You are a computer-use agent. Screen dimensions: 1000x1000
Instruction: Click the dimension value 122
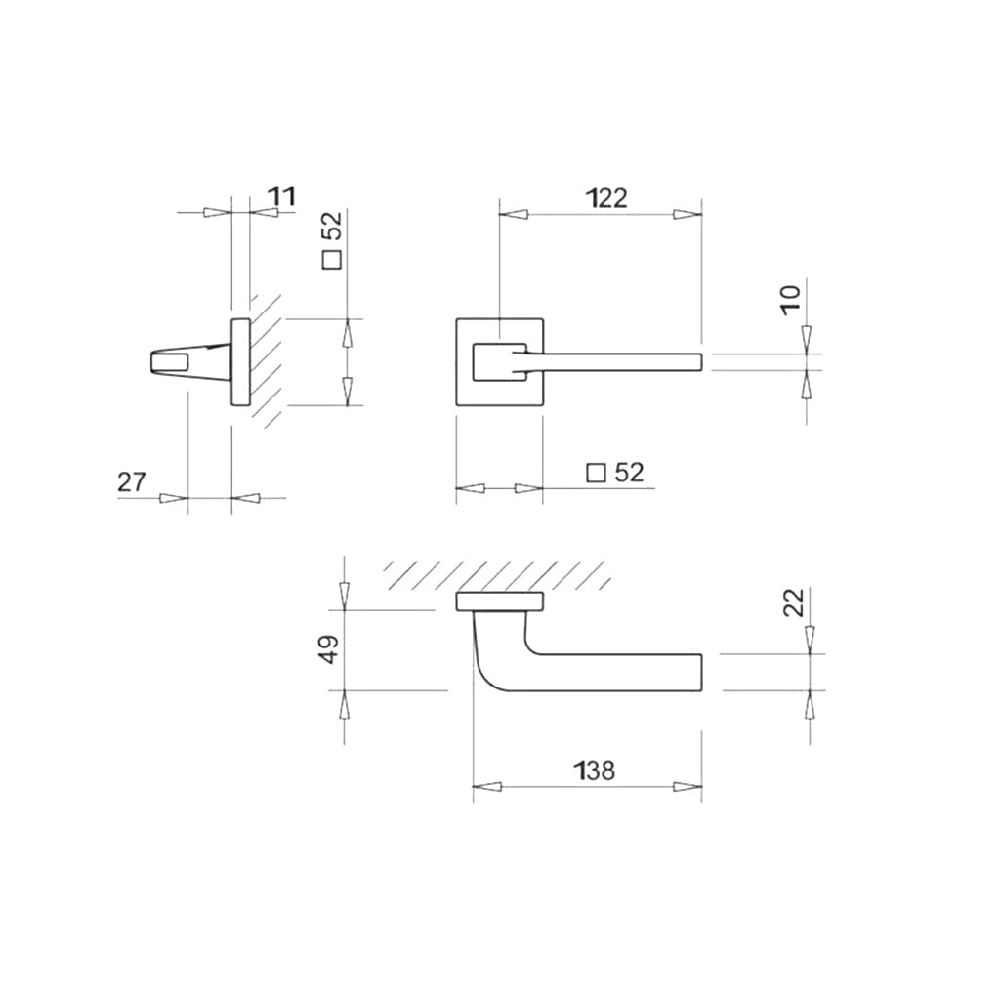point(606,198)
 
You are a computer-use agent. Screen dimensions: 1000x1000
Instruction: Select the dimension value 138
point(595,771)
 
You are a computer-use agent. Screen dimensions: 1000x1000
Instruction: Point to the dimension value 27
point(132,481)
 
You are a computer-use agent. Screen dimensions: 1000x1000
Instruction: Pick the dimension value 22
point(793,603)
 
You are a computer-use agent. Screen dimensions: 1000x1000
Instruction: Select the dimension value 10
point(791,295)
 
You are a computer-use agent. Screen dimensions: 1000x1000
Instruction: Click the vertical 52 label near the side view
point(332,228)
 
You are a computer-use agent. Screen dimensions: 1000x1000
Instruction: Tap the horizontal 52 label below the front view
point(630,473)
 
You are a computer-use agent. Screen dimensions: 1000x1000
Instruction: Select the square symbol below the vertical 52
point(332,261)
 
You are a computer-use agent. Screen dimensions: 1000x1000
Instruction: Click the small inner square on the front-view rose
point(499,361)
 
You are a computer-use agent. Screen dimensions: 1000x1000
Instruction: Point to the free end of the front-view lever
point(695,361)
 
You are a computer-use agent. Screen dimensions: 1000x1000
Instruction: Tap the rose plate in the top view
point(499,602)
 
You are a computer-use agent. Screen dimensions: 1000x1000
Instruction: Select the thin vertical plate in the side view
point(239,361)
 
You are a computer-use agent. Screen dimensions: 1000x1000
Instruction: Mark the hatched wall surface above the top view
point(498,574)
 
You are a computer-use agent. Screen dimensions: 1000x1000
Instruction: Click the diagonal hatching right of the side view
point(269,356)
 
